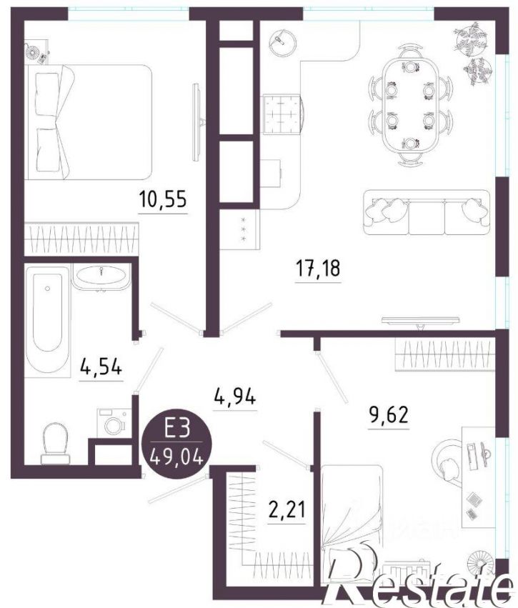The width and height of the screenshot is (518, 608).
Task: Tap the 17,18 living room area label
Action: tap(318, 268)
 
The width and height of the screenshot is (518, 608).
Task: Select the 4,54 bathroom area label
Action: tap(101, 367)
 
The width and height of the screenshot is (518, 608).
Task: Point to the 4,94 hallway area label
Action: tap(235, 397)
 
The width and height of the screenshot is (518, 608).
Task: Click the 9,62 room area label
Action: tap(388, 415)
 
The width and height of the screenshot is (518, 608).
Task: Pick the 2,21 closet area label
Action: tap(287, 509)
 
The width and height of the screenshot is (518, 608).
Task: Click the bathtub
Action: tap(48, 321)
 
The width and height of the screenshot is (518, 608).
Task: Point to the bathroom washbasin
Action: tap(101, 276)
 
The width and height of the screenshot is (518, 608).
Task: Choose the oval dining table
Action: tap(411, 106)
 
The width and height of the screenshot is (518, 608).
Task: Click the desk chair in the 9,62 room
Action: tap(448, 462)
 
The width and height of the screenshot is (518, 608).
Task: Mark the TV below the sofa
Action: tap(420, 321)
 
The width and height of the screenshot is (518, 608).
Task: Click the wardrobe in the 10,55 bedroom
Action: tap(82, 239)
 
